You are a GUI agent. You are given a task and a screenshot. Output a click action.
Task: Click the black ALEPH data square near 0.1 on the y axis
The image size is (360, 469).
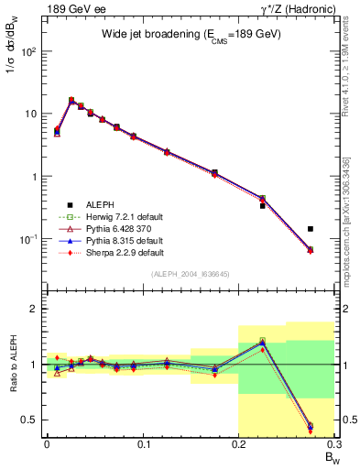311,229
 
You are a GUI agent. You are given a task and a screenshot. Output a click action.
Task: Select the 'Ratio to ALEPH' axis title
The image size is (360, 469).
16,365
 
